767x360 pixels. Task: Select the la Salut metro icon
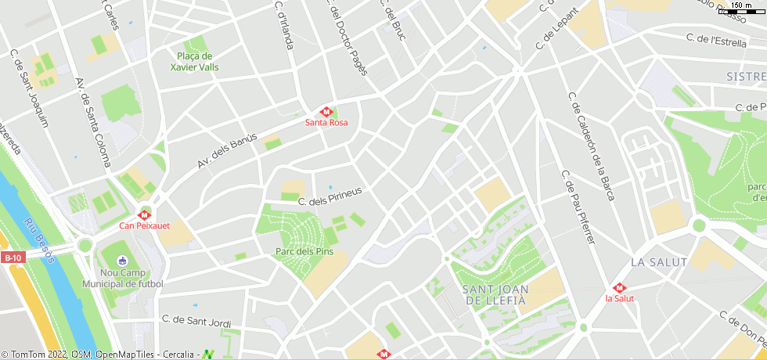(x=619, y=287)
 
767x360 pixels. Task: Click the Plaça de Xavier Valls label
(x=195, y=62)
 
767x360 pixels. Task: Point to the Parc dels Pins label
(x=304, y=251)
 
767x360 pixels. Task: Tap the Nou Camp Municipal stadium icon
(x=122, y=261)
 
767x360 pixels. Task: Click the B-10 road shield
(x=13, y=257)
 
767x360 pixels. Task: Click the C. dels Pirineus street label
(x=329, y=196)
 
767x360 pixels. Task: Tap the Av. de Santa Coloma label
(x=92, y=121)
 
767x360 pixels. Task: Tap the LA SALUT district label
(x=658, y=262)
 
